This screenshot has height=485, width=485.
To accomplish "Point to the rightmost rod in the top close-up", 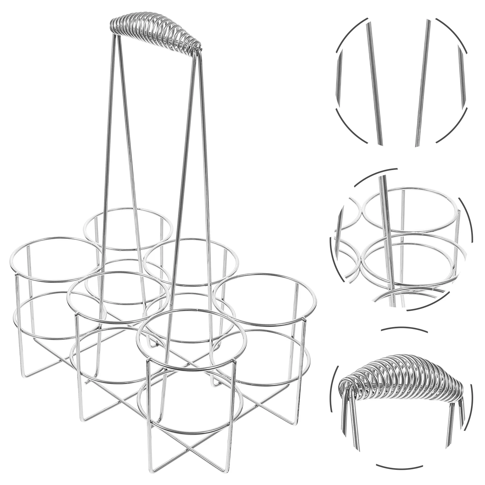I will pos(461,76).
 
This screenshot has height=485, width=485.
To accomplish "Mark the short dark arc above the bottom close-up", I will pos(404,329).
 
